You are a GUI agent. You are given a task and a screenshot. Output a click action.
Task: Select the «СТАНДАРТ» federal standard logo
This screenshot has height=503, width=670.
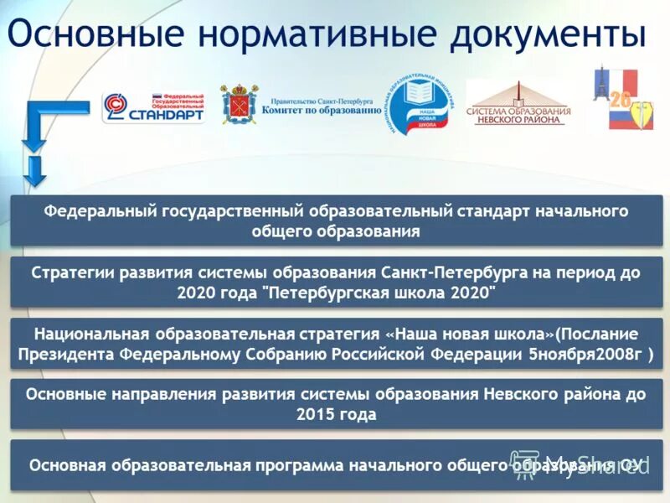pos(154,107)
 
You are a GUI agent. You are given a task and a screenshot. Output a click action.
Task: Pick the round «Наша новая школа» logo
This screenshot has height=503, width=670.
pos(421,105)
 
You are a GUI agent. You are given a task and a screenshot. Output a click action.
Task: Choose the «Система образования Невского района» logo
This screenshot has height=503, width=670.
pos(518,104)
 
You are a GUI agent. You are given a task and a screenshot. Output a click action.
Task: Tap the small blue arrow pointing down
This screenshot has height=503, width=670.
pos(34,171)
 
